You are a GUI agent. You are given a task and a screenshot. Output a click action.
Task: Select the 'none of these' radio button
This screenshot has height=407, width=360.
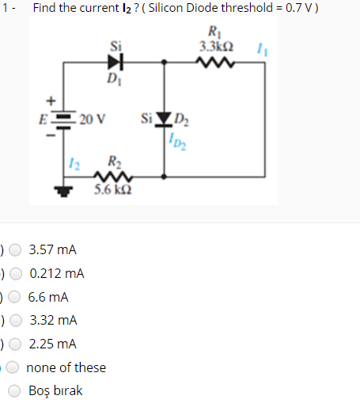[x=15, y=367]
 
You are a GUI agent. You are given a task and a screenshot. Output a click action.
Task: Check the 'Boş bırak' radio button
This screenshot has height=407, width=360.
[x=15, y=390]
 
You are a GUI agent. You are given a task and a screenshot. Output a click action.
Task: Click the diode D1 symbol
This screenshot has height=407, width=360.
[x=116, y=61]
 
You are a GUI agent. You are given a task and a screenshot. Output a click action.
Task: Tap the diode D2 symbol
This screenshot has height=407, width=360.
[x=165, y=120]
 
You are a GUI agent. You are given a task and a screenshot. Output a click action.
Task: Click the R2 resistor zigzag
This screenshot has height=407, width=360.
[x=108, y=177]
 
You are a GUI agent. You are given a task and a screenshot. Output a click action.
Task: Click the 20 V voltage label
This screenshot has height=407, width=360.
[x=93, y=120]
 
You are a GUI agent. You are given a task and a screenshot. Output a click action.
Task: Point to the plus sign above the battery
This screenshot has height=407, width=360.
[x=51, y=101]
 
